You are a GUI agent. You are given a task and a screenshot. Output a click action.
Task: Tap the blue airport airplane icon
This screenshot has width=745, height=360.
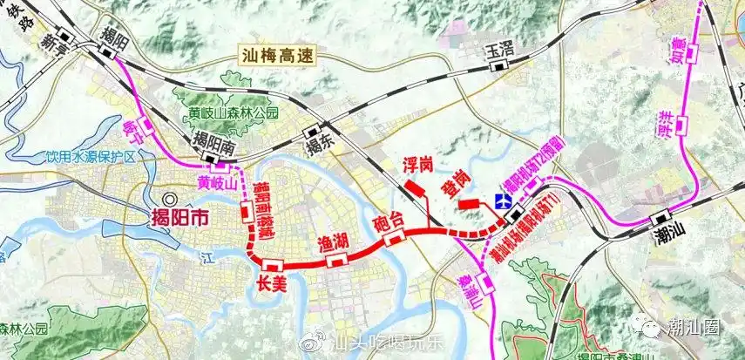tap(502, 200)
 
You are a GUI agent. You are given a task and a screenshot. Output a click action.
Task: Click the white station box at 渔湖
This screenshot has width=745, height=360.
tap(341, 258)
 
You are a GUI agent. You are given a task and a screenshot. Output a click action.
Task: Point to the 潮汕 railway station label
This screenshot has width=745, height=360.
tap(671, 236)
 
